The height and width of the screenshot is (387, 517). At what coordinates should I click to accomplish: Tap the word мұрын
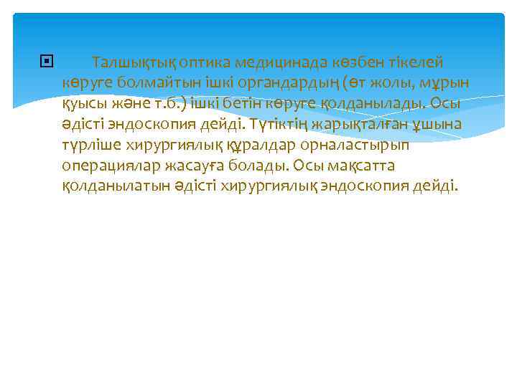[446, 83]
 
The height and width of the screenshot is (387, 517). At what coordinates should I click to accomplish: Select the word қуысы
[83, 104]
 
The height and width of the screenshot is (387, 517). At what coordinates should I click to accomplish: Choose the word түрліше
[92, 145]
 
